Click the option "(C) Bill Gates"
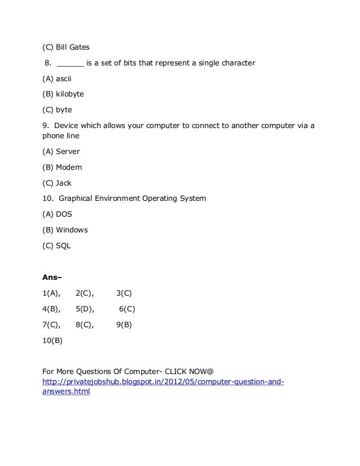tap(66, 46)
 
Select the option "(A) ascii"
tap(57, 78)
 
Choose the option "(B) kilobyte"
tap(63, 94)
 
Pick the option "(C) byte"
tap(58, 109)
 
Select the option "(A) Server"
tap(62, 152)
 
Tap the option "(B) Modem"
tap(63, 168)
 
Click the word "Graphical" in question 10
tap(77, 199)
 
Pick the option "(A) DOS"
tap(58, 214)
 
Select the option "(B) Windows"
tap(65, 230)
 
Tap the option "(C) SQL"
tap(57, 246)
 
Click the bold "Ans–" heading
tap(52, 277)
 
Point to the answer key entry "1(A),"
tap(52, 293)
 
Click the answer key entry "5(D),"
tap(85, 309)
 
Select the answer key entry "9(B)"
tap(124, 325)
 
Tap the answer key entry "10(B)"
tap(52, 341)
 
